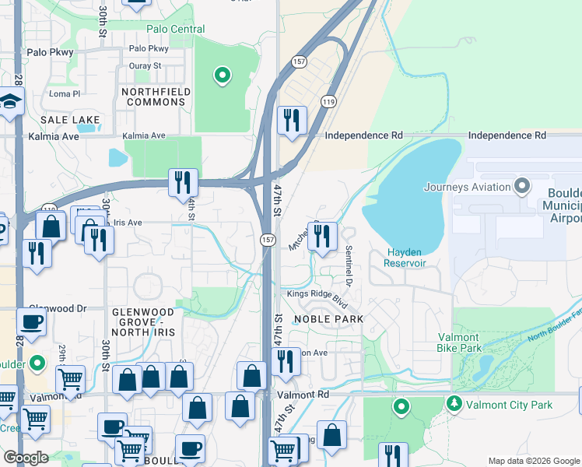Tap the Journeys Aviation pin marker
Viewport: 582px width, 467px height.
[x=521, y=186]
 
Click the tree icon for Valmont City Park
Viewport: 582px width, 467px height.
[x=453, y=403]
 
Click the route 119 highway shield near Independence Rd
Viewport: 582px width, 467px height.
[x=328, y=102]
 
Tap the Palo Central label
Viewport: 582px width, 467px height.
[x=176, y=30]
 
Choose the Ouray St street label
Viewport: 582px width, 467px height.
[x=145, y=66]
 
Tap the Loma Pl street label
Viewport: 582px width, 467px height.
[x=65, y=93]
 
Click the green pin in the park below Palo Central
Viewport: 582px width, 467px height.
[x=222, y=75]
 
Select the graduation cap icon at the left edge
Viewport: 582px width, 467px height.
[x=9, y=101]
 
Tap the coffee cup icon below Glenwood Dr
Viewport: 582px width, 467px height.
[x=31, y=321]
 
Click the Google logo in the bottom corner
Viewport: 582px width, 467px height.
[x=26, y=458]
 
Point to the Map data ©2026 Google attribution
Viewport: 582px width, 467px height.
[x=533, y=461]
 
